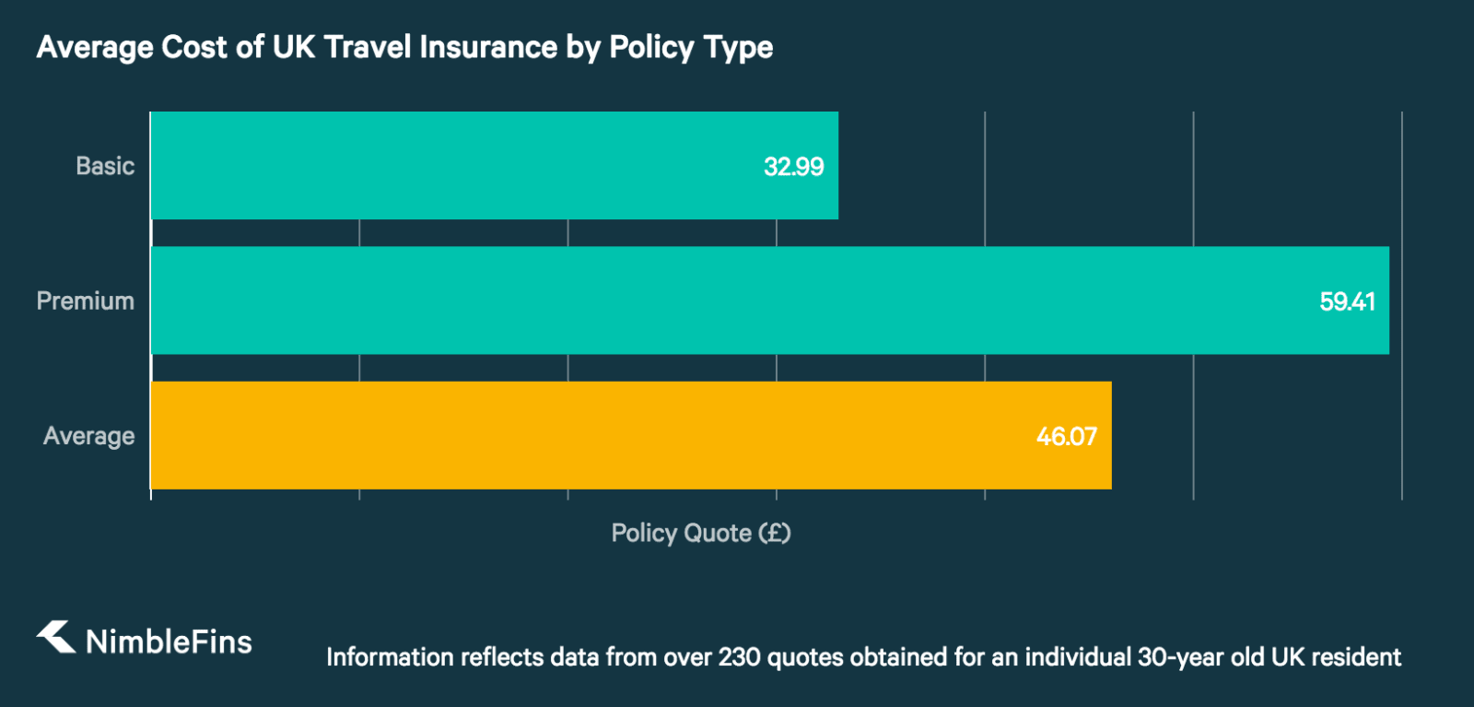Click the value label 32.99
(793, 167)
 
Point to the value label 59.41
(1347, 301)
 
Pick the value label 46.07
(1066, 436)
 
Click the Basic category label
(105, 166)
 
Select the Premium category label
(85, 300)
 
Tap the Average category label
(88, 436)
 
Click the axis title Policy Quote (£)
(700, 533)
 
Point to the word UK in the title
(293, 47)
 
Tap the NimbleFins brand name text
(169, 642)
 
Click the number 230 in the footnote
(740, 657)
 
